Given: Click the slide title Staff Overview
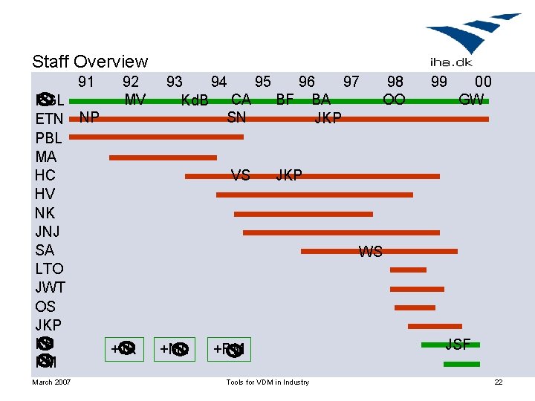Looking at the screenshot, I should (90, 62).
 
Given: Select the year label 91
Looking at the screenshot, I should (86, 81).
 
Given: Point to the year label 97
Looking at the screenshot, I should (351, 81).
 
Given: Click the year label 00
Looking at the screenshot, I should (483, 81).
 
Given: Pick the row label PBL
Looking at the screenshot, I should (49, 137).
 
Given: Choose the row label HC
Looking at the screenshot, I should (45, 175).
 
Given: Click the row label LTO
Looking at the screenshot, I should (50, 269).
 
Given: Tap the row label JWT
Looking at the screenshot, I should (51, 287).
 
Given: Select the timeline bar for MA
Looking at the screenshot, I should (163, 157).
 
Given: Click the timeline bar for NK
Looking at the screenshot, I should (303, 214).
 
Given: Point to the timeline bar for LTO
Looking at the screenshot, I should (408, 270).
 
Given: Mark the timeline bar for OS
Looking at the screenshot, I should (415, 307).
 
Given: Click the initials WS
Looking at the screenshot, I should (370, 252).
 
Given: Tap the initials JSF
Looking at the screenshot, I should (458, 343).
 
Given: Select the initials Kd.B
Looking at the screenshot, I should (195, 100).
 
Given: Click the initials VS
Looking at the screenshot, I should (240, 175).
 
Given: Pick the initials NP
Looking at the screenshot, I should (90, 117).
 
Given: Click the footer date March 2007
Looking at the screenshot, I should (51, 382).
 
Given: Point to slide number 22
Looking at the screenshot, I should (499, 382).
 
